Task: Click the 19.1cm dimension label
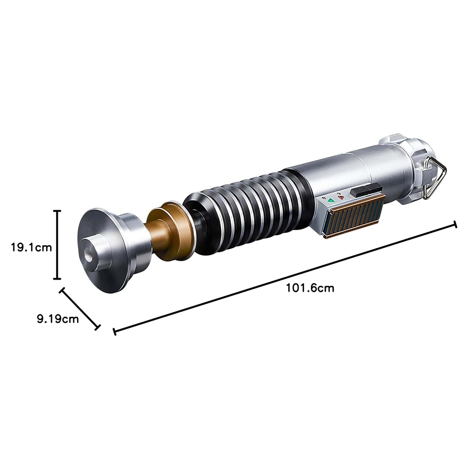[x=32, y=247]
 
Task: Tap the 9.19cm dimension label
[x=58, y=319]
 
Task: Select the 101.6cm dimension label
[x=310, y=288]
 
